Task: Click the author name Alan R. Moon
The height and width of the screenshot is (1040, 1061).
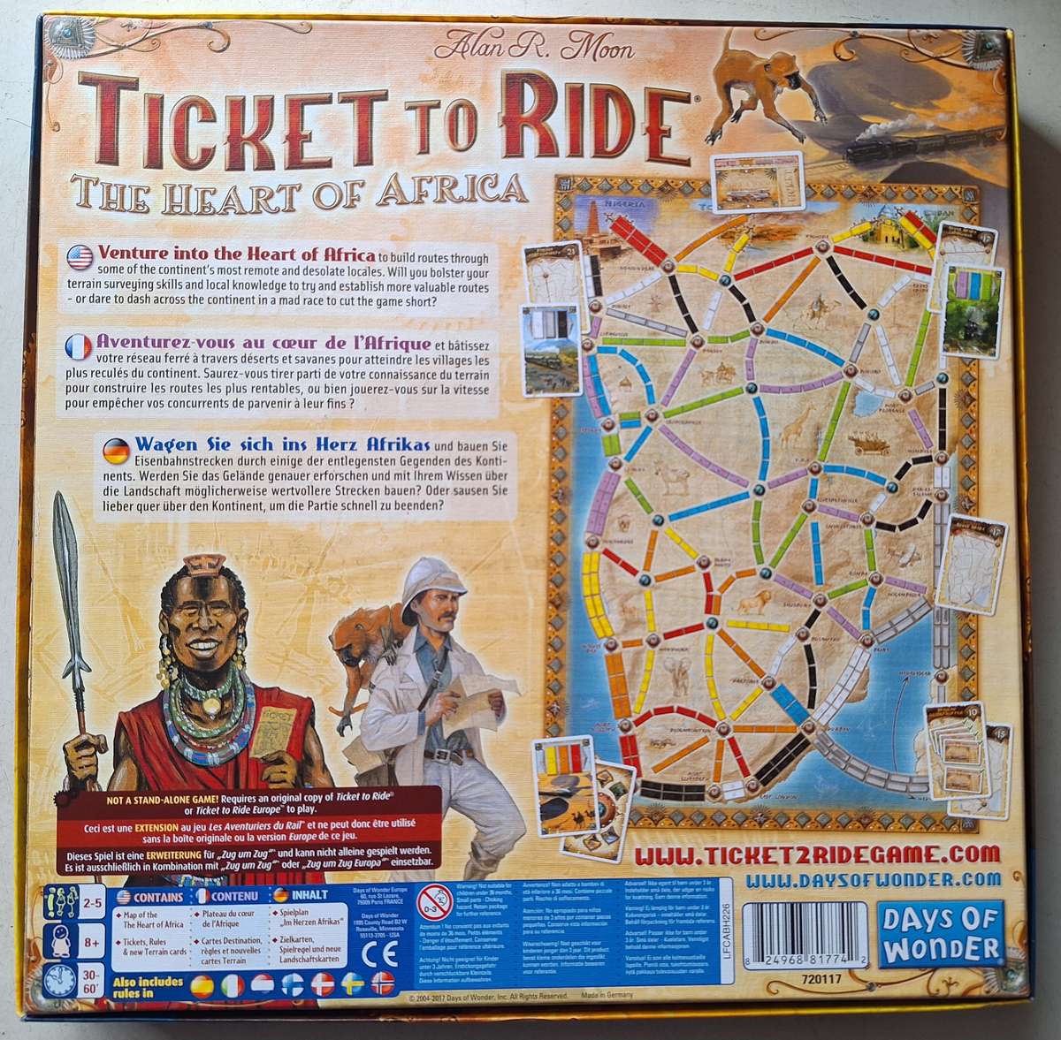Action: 538,43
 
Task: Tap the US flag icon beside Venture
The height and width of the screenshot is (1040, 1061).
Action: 80,256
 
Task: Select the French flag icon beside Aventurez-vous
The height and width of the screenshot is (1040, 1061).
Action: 80,342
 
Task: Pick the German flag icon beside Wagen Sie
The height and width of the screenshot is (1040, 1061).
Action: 116,450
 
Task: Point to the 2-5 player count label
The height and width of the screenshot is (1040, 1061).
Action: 88,902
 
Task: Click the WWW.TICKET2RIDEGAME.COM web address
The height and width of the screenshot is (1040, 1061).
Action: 818,854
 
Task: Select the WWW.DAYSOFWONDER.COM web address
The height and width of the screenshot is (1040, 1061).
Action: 873,880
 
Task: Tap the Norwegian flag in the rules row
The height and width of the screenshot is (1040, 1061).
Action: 381,984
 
